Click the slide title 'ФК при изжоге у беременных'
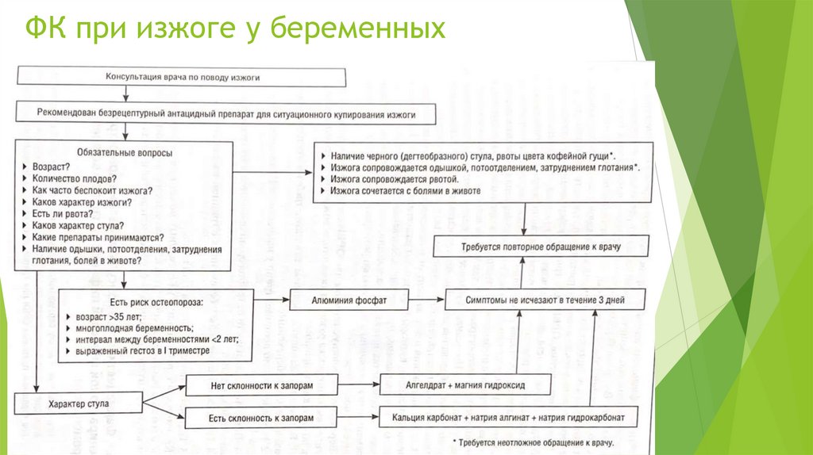pos(235,29)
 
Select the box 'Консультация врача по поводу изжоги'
pos(183,77)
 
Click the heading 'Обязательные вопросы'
pos(124,153)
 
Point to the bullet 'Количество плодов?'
pos(75,179)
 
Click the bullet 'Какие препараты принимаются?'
pos(98,237)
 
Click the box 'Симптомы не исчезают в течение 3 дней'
pos(545,300)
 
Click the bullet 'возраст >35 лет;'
pos(110,316)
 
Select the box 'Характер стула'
pos(78,403)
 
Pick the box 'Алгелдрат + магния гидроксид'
pos(464,385)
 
